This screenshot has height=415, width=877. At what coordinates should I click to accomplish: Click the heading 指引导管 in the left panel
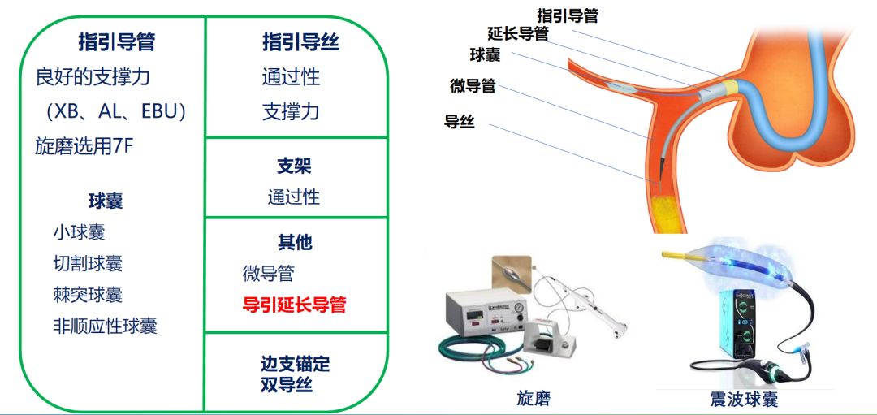coord(117,42)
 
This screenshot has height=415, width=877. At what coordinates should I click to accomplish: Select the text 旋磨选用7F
coord(84,146)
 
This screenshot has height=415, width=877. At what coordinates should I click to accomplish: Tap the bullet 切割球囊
coord(88,263)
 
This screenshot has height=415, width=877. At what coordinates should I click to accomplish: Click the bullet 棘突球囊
coord(88,295)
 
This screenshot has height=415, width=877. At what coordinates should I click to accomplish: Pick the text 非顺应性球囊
coord(105,326)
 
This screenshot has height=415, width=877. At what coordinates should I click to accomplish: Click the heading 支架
coord(294,166)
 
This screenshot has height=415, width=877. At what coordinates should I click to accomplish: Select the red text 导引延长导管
coord(295,305)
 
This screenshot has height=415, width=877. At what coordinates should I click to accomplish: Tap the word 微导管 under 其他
coord(268,274)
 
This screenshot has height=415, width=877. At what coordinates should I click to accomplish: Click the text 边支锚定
coord(296,365)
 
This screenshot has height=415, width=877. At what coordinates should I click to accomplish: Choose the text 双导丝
coord(286,385)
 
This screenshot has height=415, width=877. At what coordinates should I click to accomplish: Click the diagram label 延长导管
coord(518,33)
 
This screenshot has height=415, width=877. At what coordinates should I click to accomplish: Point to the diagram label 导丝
coord(460,122)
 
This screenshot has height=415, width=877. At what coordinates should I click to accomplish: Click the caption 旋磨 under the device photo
coord(538,399)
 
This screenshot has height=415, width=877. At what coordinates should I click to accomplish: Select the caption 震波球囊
coord(744,399)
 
